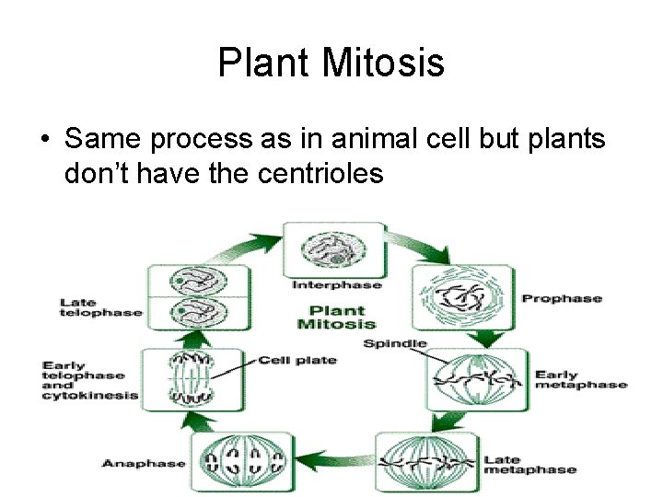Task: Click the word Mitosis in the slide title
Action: pos(383,64)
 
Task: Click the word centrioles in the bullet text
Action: pos(316,172)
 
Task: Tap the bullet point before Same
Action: pos(43,140)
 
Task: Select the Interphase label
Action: pos(336,285)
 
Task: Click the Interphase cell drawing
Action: pos(335,249)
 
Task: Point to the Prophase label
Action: pos(562,298)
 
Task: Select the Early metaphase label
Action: pos(580,380)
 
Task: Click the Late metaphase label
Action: pos(529,465)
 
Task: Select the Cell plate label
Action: pos(297,360)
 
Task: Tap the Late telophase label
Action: pos(101,307)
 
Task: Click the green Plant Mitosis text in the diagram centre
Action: pos(335,317)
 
